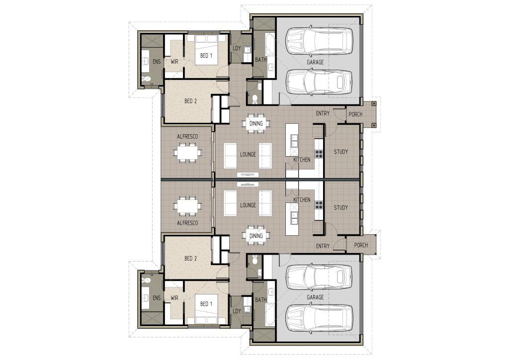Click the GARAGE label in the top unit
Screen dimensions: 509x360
pos(315,62)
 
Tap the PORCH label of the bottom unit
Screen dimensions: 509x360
pos(361,245)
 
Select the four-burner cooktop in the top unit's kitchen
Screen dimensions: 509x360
pos(319,154)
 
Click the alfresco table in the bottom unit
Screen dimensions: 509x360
pos(187,206)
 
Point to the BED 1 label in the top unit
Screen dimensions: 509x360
pos(206,56)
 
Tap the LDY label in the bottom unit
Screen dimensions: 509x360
pos(237,311)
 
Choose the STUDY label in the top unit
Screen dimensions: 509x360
pos(341,152)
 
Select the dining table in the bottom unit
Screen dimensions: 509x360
pos(256,236)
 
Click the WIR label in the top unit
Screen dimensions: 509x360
pos(174,61)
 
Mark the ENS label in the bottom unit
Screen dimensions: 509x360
pos(157,298)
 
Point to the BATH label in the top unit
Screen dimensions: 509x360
pos(260,59)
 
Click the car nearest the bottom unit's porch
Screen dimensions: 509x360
pos(319,277)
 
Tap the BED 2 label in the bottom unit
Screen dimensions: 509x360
pos(190,259)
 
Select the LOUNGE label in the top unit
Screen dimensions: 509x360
pos(248,155)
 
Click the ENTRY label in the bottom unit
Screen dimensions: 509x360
pos(323,246)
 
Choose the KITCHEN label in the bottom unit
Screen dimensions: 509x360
pos(302,199)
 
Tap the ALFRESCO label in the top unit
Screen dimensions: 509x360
pos(187,137)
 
